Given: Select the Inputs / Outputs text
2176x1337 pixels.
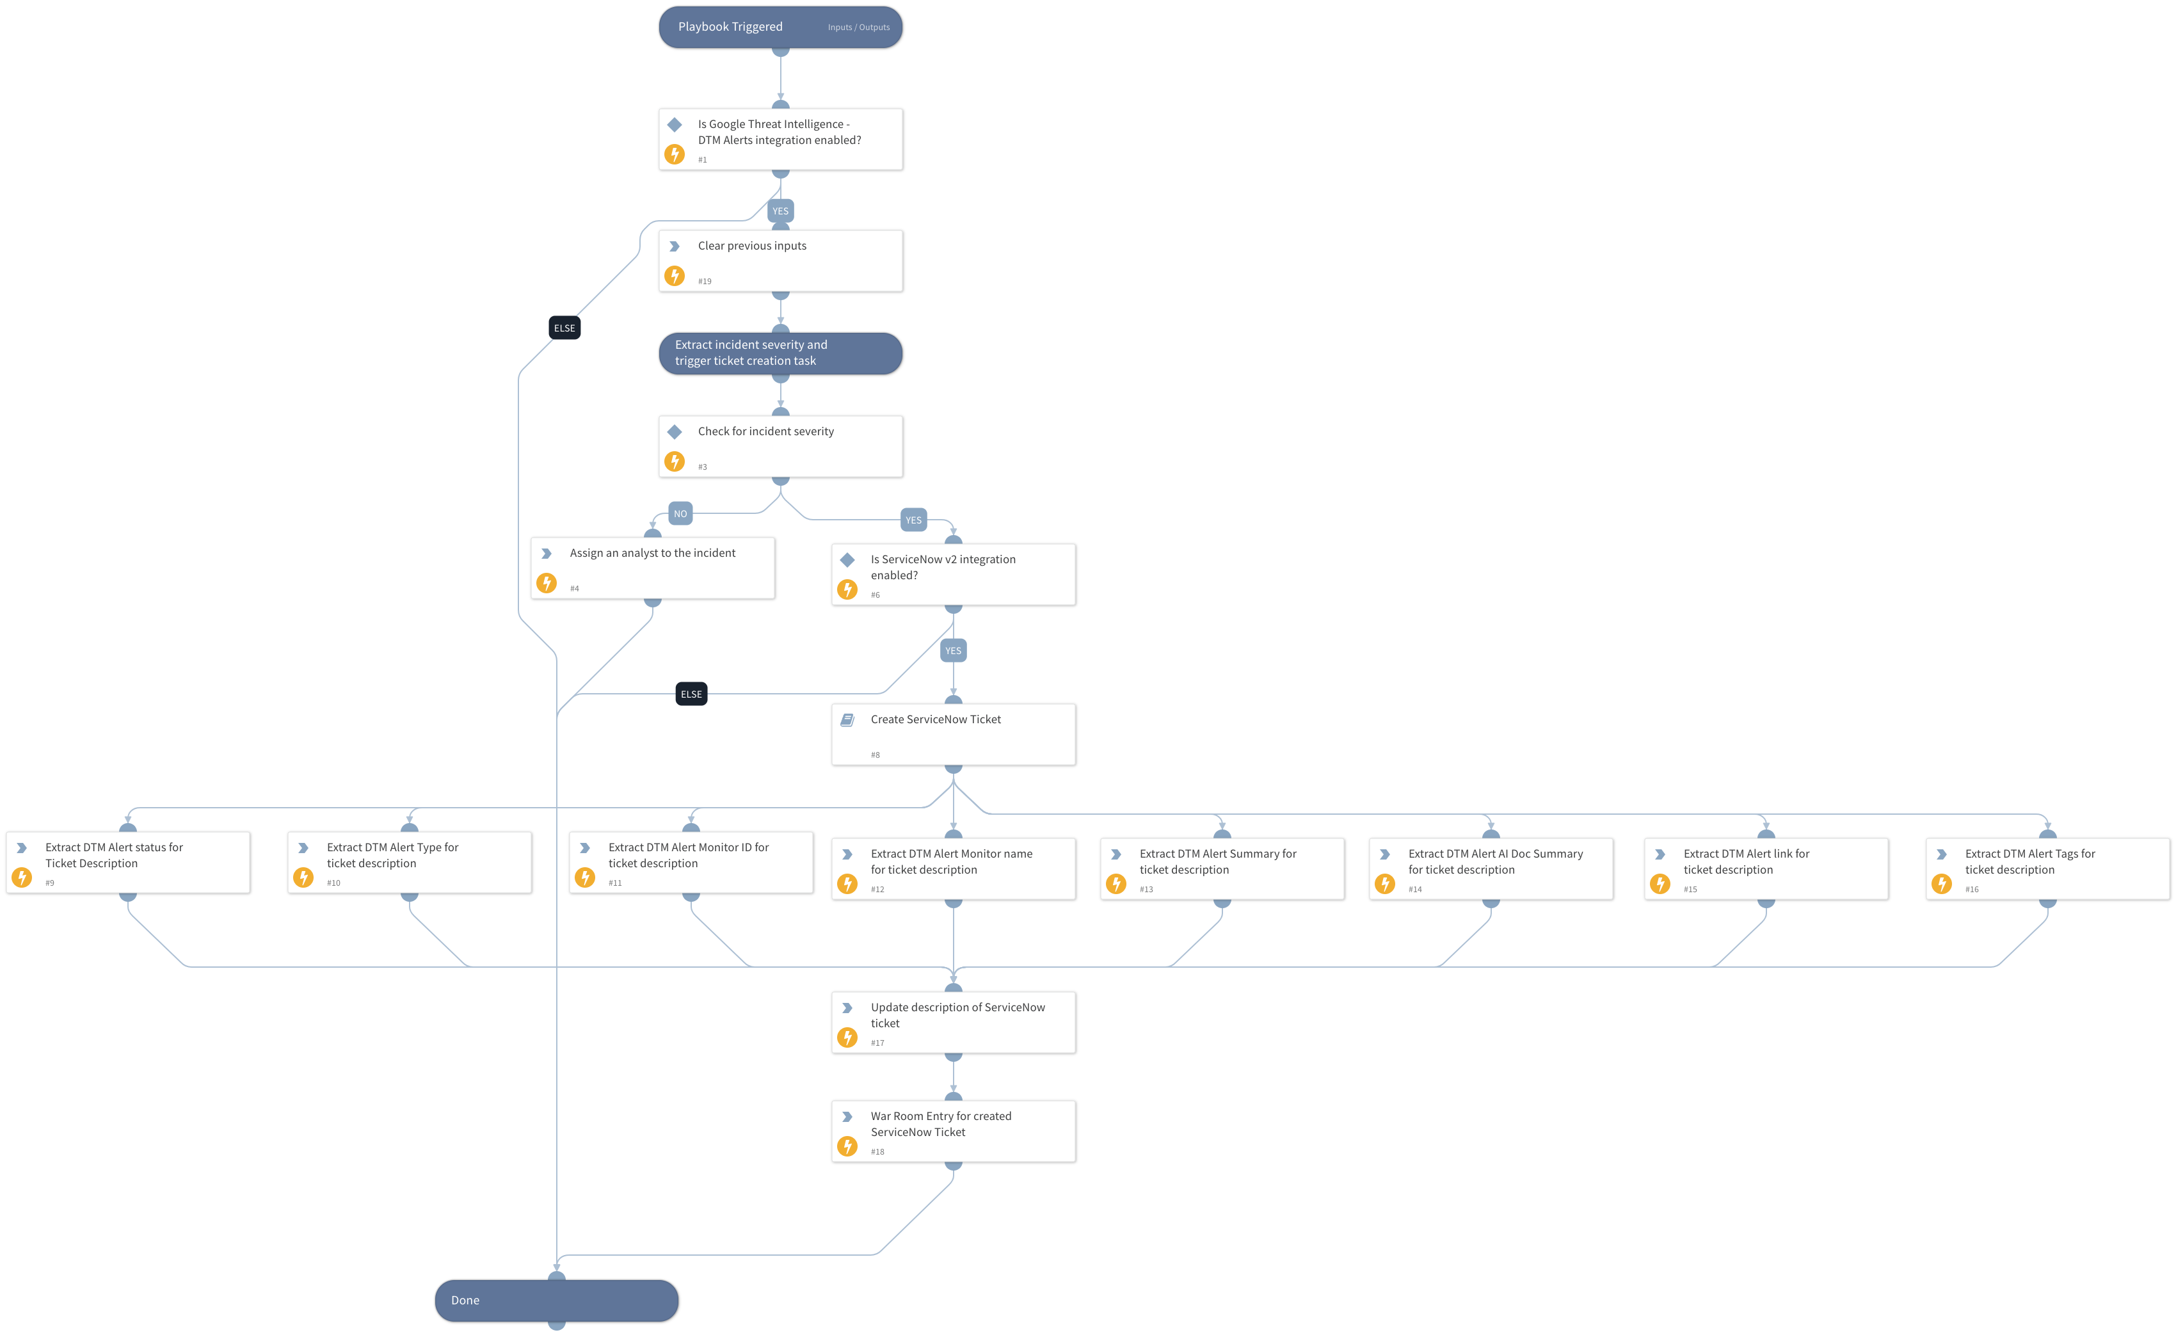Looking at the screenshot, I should (x=858, y=28).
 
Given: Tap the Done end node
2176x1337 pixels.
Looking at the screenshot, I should (x=556, y=1299).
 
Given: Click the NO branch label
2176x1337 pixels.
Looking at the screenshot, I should (x=679, y=514).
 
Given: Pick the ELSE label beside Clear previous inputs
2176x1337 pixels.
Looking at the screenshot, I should (x=564, y=328).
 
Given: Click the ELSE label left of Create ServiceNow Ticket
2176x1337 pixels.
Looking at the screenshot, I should (x=691, y=694).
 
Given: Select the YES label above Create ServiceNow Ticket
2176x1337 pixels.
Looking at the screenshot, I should (x=952, y=651).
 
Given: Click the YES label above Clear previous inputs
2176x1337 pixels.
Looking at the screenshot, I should (x=780, y=211).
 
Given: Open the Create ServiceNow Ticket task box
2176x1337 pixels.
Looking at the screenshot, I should (x=952, y=734).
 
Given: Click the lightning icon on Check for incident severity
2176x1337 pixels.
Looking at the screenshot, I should (x=674, y=461).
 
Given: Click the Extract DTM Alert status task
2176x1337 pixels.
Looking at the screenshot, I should (x=127, y=862).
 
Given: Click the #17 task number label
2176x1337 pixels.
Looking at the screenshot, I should (x=876, y=1043).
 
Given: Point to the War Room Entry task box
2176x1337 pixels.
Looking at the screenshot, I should (x=952, y=1130).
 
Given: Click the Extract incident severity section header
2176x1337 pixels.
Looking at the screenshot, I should (x=780, y=353).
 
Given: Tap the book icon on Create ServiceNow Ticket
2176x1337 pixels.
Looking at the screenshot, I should (x=846, y=720).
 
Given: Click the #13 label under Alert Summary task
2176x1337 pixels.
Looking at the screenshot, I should (x=1145, y=889).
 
